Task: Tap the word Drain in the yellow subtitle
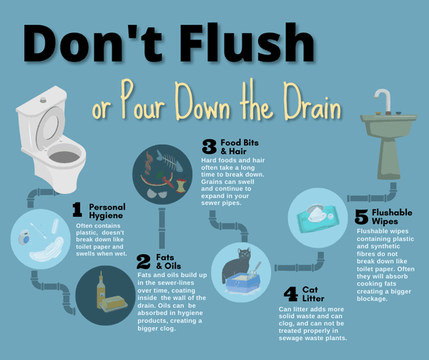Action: click(x=312, y=102)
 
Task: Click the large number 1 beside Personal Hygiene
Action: click(x=77, y=210)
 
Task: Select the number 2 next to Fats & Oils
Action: click(x=144, y=261)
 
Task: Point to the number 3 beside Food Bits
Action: click(x=209, y=146)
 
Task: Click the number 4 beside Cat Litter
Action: click(x=290, y=293)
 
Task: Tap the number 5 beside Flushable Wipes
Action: click(x=361, y=217)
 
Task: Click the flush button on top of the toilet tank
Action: click(x=43, y=99)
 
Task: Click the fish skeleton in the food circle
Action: click(x=169, y=160)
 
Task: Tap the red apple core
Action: click(x=181, y=185)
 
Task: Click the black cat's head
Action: click(x=244, y=255)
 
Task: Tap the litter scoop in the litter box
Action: click(x=254, y=271)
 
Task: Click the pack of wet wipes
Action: click(x=318, y=218)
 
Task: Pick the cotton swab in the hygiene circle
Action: click(x=39, y=230)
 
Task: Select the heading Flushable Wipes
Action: click(x=392, y=217)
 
